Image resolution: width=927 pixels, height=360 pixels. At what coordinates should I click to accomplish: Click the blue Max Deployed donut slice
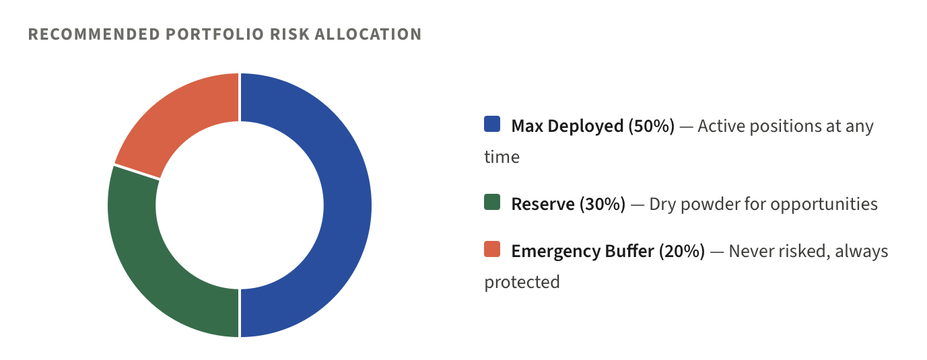[347, 205]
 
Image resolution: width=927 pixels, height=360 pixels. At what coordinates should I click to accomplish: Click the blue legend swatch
[492, 124]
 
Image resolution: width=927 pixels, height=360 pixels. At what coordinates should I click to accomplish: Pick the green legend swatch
[492, 202]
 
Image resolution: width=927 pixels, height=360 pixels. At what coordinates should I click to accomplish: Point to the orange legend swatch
[492, 249]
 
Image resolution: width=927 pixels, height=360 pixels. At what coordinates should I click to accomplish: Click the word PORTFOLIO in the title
[215, 34]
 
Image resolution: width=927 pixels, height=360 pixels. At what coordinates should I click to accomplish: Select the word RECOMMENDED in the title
[94, 34]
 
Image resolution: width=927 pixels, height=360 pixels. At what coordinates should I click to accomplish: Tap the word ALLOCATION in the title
[368, 34]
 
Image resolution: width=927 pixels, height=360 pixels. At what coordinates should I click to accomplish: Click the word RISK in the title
[289, 34]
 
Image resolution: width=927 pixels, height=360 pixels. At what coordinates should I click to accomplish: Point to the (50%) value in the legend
[652, 127]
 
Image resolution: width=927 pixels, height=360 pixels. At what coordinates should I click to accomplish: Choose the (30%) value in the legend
[603, 204]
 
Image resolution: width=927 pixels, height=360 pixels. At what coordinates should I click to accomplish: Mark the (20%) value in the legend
[682, 251]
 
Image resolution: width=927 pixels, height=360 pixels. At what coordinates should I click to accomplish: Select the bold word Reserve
[543, 205]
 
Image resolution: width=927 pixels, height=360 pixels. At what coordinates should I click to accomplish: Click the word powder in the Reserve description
[710, 205]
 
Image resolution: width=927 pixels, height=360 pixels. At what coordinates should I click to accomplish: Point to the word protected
[522, 283]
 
